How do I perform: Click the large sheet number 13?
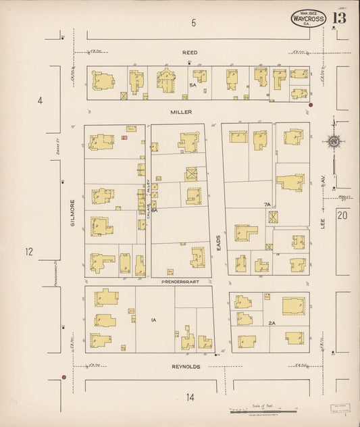339,18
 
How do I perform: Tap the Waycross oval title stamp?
309,19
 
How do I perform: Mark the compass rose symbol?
333,141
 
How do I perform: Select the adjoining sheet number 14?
191,397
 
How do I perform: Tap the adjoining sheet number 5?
193,24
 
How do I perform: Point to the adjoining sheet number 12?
28,252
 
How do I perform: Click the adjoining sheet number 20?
342,216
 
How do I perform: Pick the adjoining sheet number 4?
40,101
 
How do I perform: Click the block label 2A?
272,323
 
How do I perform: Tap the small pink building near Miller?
124,137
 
